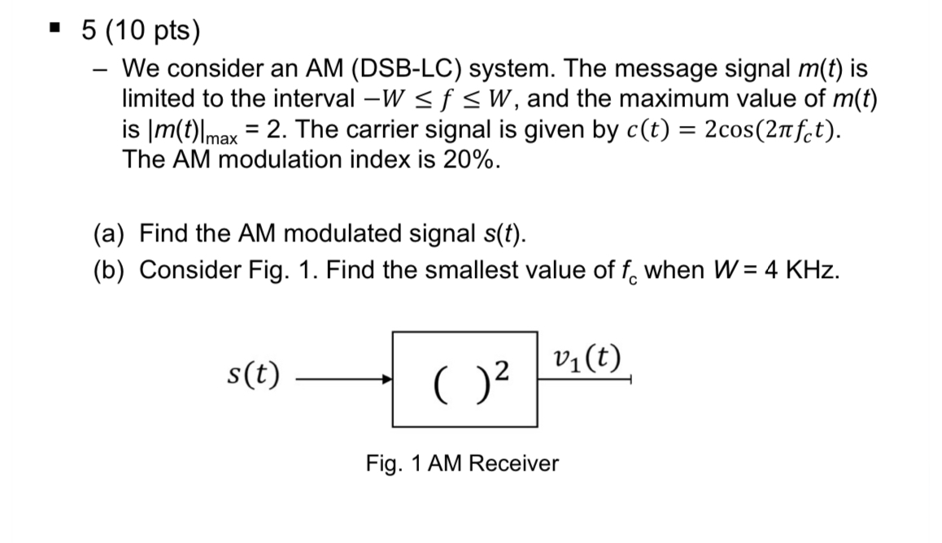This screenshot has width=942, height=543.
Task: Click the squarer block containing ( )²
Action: click(x=464, y=378)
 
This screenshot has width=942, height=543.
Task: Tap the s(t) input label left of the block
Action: click(x=252, y=375)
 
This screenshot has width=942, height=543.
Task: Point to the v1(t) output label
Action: click(x=585, y=358)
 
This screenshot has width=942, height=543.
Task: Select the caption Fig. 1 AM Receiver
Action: click(x=461, y=464)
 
